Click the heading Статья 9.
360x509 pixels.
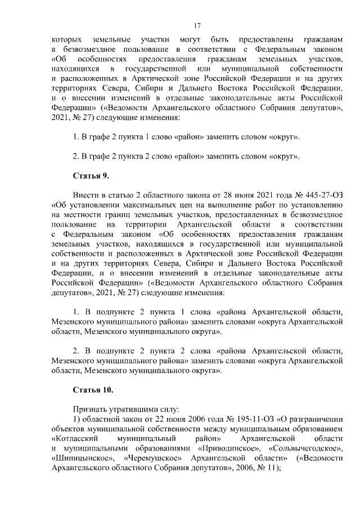point(91,175)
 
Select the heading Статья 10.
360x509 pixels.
point(93,389)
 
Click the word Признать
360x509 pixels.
point(89,409)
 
